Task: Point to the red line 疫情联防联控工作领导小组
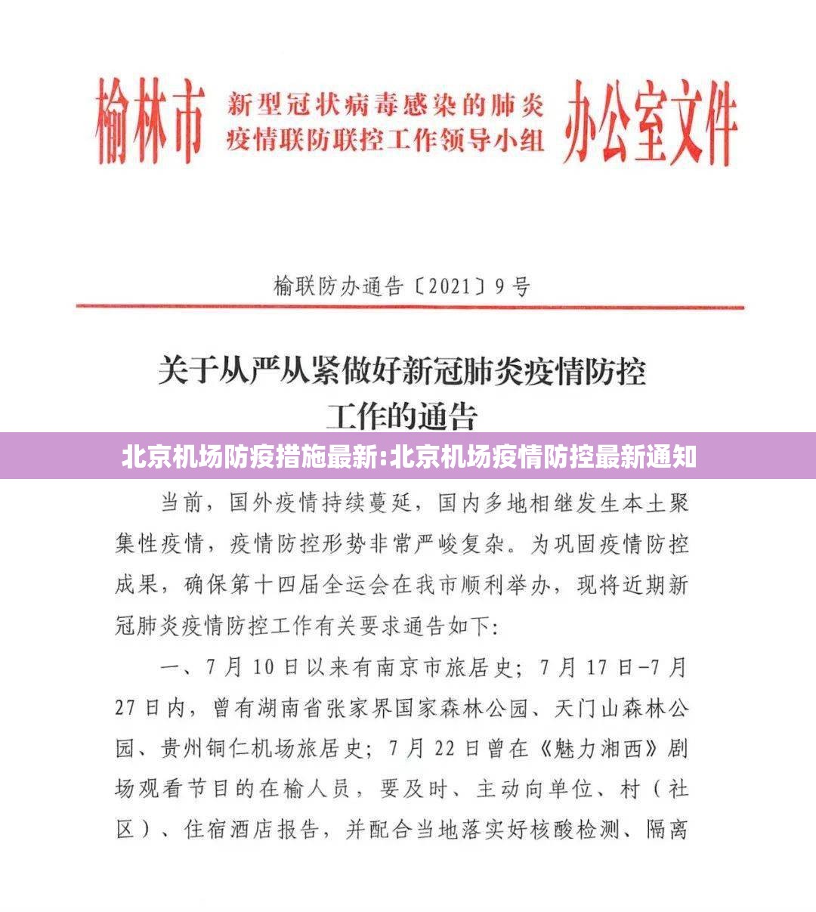point(385,141)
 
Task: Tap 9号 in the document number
point(512,287)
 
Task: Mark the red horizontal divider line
point(410,307)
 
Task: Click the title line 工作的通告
point(402,415)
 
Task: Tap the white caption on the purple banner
point(408,457)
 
